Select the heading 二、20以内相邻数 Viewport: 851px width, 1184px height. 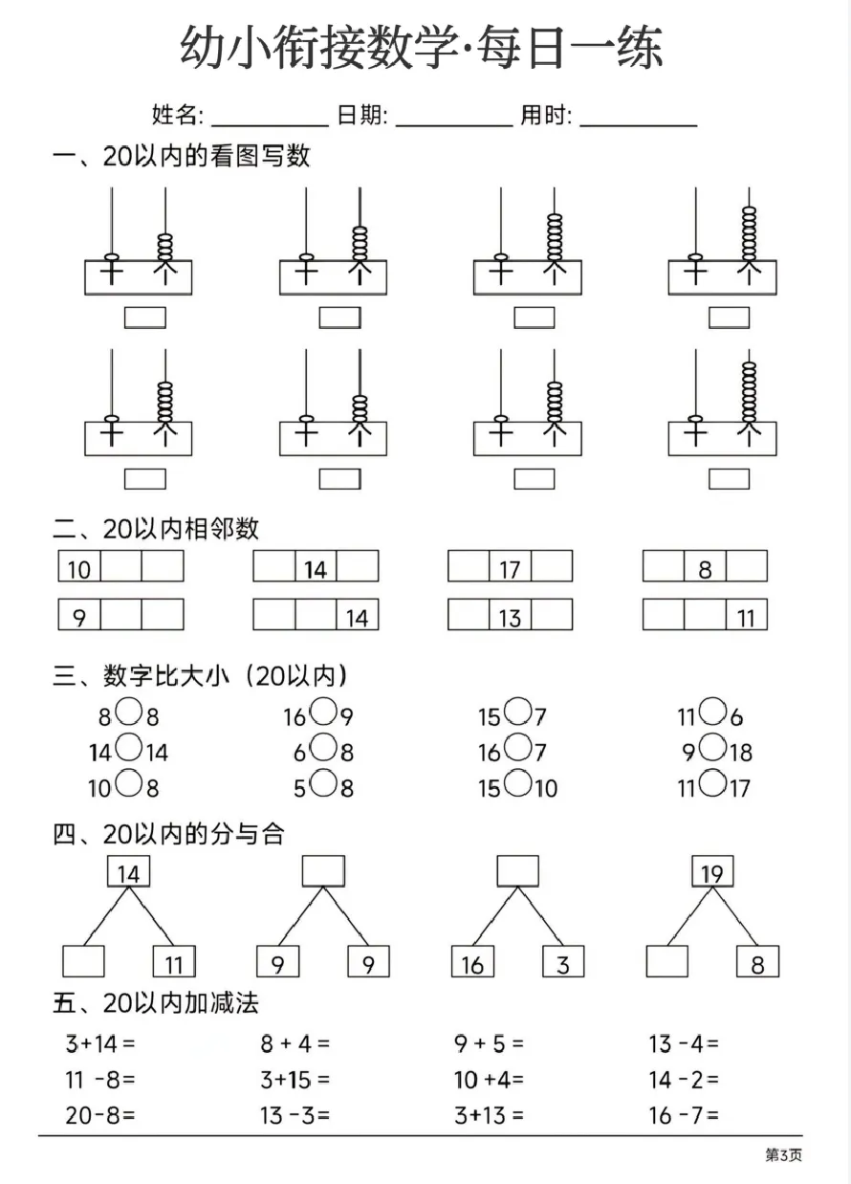pos(156,529)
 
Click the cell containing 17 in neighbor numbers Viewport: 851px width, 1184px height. pos(510,566)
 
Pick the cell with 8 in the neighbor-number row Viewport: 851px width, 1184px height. pos(705,566)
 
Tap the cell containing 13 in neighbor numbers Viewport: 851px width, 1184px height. pos(510,614)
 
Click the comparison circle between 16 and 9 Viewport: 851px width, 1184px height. pos(323,712)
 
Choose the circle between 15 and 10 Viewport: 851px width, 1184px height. pos(518,783)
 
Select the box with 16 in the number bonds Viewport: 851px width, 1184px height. pos(472,961)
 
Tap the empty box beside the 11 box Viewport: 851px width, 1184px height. pos(83,961)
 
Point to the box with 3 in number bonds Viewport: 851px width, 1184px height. pos(563,961)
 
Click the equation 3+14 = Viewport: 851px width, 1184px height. pos(100,1044)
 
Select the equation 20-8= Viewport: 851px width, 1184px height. pos(100,1115)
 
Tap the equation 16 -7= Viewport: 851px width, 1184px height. pos(684,1115)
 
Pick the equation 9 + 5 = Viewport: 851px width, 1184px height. pos(489,1044)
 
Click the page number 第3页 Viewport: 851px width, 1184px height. pos(783,1155)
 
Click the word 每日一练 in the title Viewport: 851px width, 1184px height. pos(570,48)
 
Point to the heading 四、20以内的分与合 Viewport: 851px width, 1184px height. pos(169,835)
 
